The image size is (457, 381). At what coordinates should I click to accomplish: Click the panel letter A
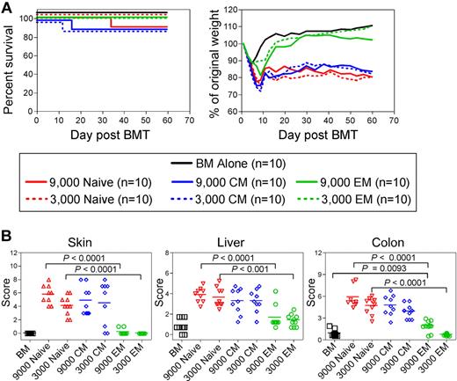tap(8, 8)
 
